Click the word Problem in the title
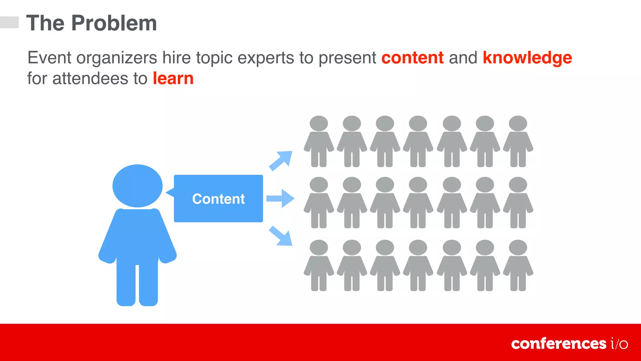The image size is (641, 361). [114, 23]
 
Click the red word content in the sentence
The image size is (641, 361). [413, 58]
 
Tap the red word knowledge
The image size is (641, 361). [527, 58]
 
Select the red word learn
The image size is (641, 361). [173, 78]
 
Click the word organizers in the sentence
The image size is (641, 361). [117, 58]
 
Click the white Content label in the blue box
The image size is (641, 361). [218, 199]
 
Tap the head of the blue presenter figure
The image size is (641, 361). [137, 186]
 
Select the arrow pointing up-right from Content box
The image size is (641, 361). [281, 160]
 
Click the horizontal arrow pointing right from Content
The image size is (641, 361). [280, 198]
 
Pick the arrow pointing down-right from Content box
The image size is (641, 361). [281, 236]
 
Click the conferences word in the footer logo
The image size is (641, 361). [559, 344]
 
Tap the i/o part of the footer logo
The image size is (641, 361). [619, 344]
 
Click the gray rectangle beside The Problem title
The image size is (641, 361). [9, 22]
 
